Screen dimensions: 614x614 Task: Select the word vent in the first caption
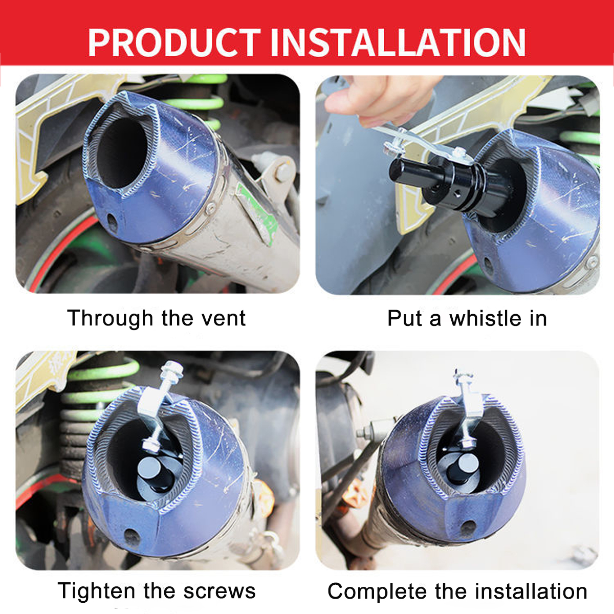point(223,318)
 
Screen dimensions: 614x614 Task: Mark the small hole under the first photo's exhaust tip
point(111,221)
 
